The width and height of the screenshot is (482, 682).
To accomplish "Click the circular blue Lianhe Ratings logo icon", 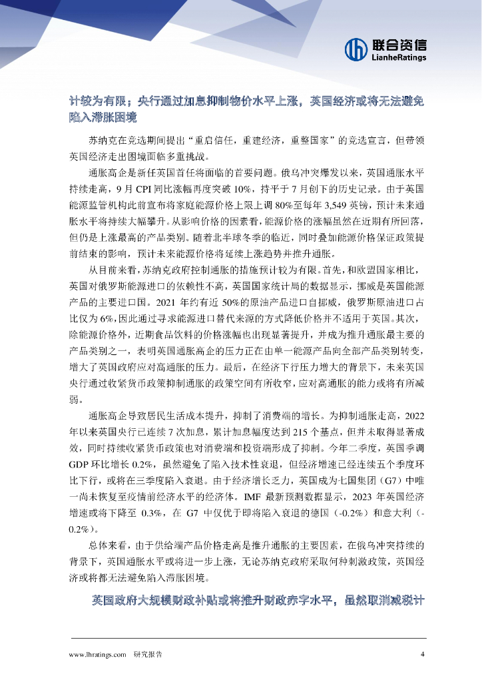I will [x=356, y=49].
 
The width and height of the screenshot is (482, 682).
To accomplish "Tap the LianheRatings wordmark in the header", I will [x=399, y=57].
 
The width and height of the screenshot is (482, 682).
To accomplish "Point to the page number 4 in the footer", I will [x=422, y=654].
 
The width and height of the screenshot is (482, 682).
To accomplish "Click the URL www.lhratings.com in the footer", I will [x=98, y=654].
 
